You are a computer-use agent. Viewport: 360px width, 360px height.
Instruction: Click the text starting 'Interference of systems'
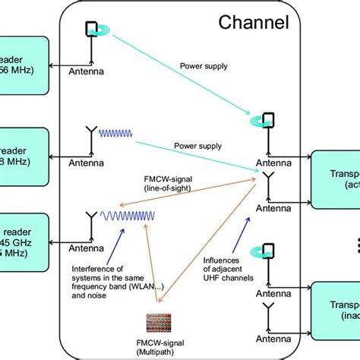(x=112, y=282)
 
